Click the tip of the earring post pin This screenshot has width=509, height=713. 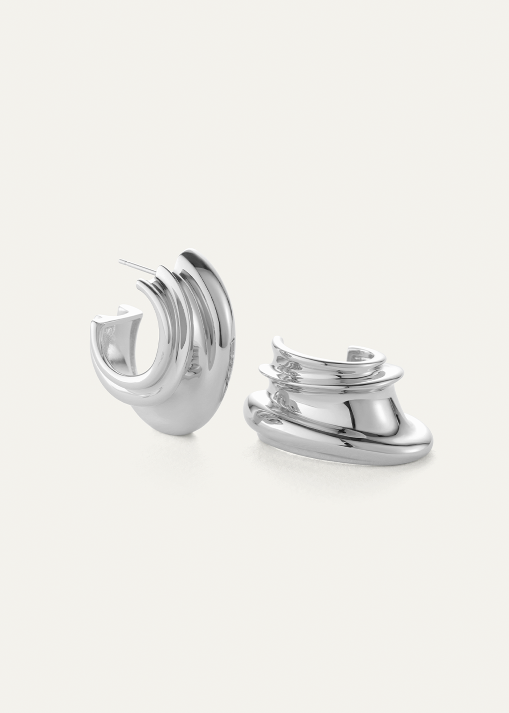120,260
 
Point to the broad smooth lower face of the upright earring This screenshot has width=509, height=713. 176,404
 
